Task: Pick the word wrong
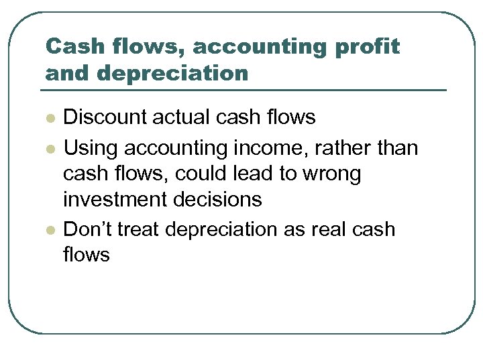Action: pyautogui.click(x=331, y=174)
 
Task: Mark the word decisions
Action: pyautogui.click(x=219, y=200)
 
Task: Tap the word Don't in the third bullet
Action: pyautogui.click(x=87, y=229)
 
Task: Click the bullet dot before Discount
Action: pyautogui.click(x=49, y=119)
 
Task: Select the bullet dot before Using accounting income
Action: pyautogui.click(x=49, y=147)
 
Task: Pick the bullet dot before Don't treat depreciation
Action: pyautogui.click(x=49, y=230)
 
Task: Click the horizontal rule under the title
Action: pyautogui.click(x=246, y=90)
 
